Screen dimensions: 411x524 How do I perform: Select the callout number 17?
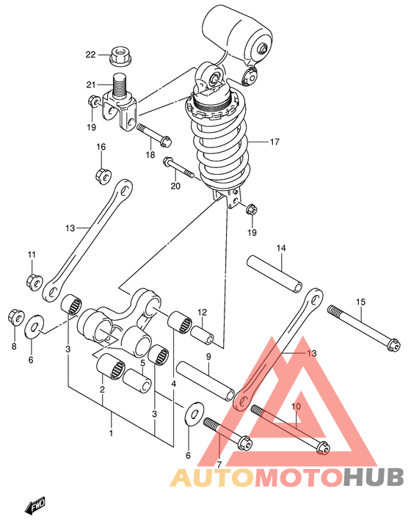274,142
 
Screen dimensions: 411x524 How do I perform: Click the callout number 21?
91,85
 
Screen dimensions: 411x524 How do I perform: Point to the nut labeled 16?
103,175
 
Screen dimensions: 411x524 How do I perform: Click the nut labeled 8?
16,317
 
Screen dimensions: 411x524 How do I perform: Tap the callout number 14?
281,248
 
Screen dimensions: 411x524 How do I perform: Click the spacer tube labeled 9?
205,380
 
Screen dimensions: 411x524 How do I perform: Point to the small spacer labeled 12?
202,335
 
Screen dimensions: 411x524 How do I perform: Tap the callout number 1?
111,434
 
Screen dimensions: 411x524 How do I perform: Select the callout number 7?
219,464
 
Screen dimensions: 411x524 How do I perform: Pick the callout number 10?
296,407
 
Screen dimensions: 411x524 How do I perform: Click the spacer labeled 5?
137,381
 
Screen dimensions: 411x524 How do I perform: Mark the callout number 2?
102,389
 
